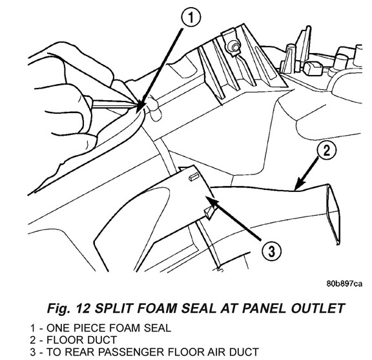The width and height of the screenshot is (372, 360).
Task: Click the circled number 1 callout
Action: [191, 17]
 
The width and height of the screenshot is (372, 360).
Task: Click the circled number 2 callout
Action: [327, 151]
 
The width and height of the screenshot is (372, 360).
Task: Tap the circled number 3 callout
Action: [272, 251]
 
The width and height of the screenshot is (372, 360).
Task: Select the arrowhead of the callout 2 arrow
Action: [298, 185]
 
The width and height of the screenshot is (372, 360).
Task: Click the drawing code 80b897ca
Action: [344, 284]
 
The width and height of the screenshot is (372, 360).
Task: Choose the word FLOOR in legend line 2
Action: [61, 340]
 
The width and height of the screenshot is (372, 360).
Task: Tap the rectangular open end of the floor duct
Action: [334, 214]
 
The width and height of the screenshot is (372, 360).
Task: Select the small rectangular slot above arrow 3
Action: [194, 177]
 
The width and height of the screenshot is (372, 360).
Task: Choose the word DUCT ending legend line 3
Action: [244, 352]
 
